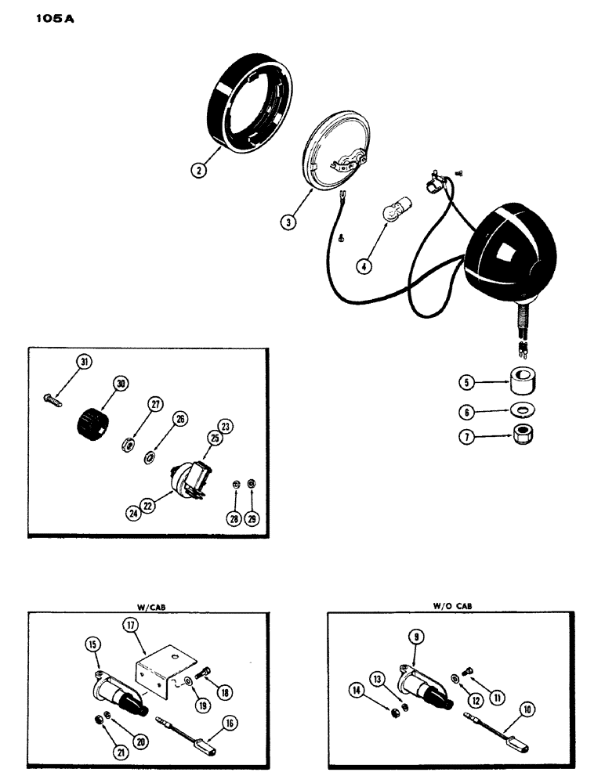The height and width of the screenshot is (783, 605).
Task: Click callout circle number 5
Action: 466,383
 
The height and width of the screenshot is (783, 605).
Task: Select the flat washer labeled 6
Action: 520,410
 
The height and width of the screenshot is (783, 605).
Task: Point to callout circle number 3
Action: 289,222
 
